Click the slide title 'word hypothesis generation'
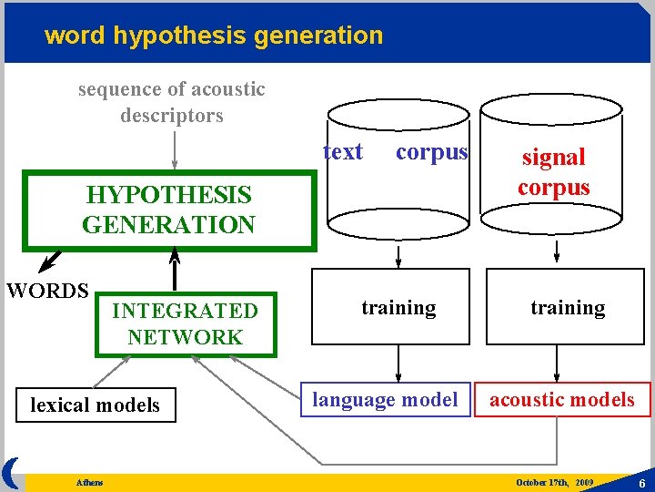tap(214, 36)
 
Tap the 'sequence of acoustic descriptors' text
tap(171, 102)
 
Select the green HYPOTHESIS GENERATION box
tap(169, 210)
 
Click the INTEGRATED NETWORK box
tap(186, 323)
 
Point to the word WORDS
tap(47, 291)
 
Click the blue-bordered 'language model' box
tap(386, 399)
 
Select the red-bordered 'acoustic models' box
tap(562, 399)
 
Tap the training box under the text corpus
tap(398, 308)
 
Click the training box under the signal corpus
tap(568, 308)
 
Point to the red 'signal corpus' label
tap(554, 172)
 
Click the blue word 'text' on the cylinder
tap(343, 152)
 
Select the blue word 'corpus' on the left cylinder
tap(431, 152)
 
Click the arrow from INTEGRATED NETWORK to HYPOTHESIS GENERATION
tap(175, 270)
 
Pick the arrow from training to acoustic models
tap(556, 364)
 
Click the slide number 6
tap(642, 483)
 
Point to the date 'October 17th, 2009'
tap(554, 481)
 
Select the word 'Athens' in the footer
tap(89, 482)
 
